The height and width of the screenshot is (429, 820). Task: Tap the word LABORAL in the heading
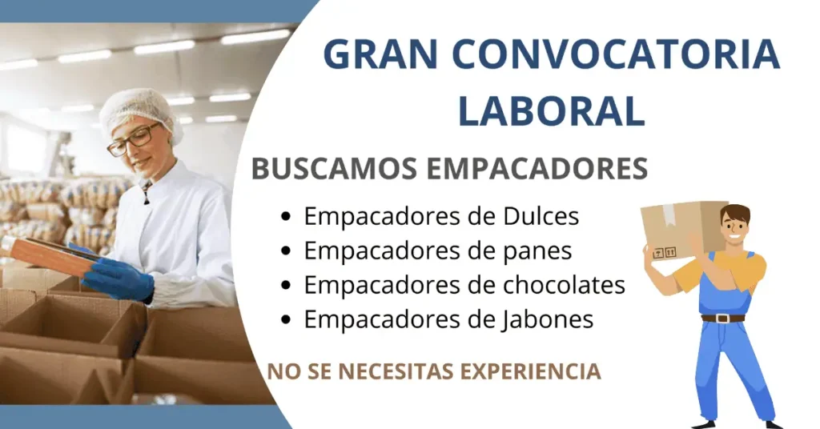click(x=551, y=110)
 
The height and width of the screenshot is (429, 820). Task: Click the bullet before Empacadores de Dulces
click(x=287, y=217)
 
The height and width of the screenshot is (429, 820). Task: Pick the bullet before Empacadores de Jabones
click(x=287, y=320)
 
